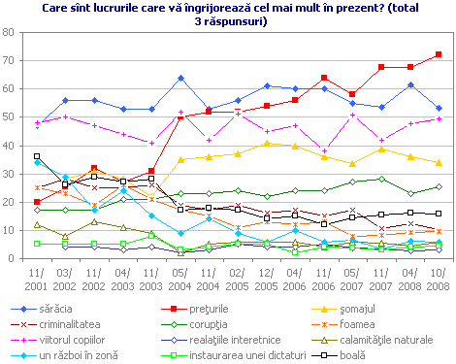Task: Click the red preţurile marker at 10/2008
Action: pyautogui.click(x=439, y=54)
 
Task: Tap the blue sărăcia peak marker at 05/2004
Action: pyautogui.click(x=180, y=78)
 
